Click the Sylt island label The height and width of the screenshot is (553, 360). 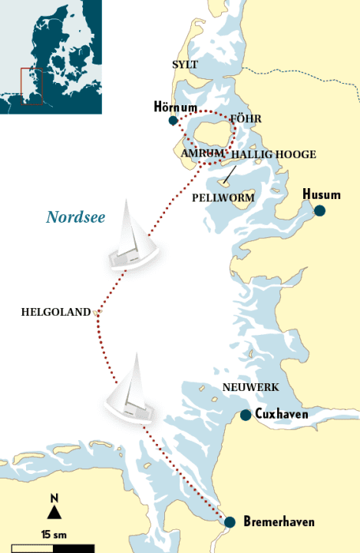(x=185, y=65)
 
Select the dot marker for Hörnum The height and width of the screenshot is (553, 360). (x=173, y=121)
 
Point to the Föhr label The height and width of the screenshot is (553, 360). (x=246, y=119)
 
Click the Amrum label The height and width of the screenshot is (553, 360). (x=203, y=154)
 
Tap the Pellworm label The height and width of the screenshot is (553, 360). (x=223, y=197)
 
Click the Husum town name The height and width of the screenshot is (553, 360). (x=322, y=194)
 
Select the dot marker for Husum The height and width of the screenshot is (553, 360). (x=319, y=210)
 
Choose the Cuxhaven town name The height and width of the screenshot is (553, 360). (x=282, y=415)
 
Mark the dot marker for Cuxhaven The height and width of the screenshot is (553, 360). (x=245, y=416)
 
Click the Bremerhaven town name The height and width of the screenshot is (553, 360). (x=279, y=522)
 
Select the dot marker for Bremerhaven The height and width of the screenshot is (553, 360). (x=230, y=522)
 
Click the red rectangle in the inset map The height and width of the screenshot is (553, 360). (x=31, y=86)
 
